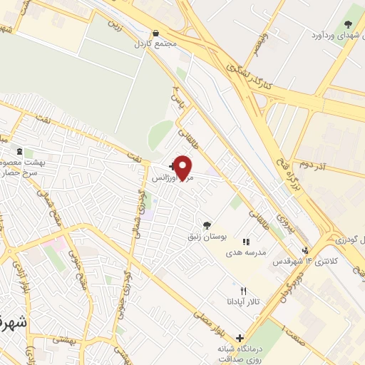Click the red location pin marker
tap(183, 168)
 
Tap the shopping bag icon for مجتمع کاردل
tap(156, 33)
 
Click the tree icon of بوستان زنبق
tap(207, 225)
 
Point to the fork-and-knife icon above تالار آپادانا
tap(243, 291)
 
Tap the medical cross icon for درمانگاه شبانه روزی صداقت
tap(240, 338)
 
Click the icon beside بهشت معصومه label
tap(19, 152)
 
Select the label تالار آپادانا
tap(242, 302)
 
